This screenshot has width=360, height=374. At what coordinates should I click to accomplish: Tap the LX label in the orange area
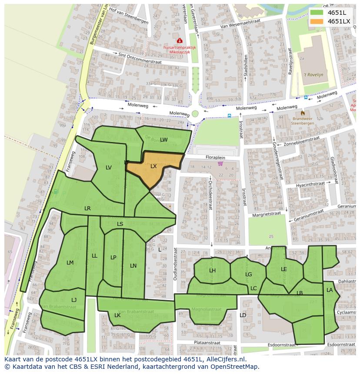153,166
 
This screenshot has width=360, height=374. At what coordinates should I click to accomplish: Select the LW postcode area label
163,140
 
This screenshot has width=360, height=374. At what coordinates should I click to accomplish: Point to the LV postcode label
109,168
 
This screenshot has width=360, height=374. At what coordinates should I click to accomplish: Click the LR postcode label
87,209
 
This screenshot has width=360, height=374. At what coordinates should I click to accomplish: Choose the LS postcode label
120,224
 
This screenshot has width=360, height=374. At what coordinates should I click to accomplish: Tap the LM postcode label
70,263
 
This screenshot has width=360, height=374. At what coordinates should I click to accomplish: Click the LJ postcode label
74,300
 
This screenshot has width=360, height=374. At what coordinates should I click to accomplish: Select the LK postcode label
117,315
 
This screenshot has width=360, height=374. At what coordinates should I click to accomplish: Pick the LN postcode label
133,266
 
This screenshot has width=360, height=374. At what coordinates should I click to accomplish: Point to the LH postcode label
212,271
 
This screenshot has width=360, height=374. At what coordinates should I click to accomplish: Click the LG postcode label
248,275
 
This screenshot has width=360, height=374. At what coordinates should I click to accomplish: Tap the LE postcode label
284,269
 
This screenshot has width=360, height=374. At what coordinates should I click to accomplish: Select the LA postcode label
330,290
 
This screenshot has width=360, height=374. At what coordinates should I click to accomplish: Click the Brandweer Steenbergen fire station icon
303,113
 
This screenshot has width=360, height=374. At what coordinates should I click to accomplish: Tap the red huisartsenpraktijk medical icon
180,41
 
